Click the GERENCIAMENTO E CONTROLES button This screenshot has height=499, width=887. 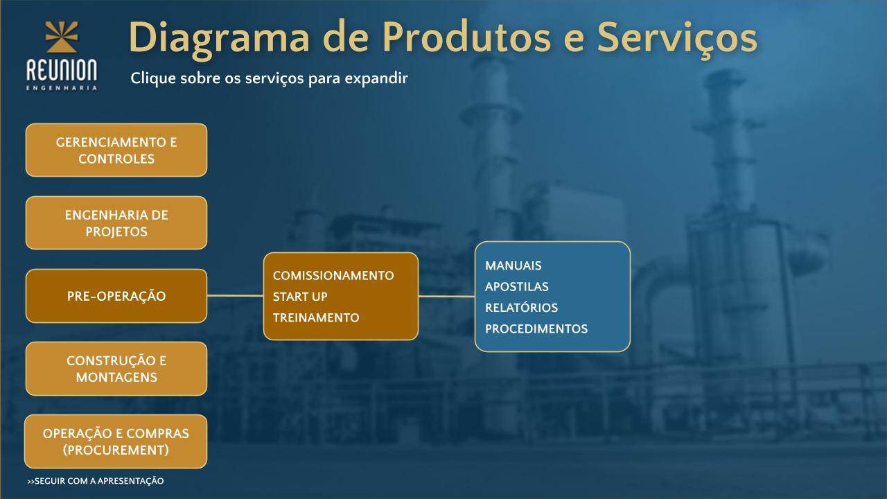click(x=116, y=150)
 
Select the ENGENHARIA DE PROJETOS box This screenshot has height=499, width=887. click(x=116, y=223)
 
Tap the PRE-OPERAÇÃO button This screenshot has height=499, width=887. click(x=116, y=296)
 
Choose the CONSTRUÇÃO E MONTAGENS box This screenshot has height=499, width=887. click(x=116, y=369)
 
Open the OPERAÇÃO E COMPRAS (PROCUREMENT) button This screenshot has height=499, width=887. click(x=116, y=441)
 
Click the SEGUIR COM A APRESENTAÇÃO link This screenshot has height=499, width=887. click(x=96, y=481)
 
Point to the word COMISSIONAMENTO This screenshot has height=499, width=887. click(x=333, y=276)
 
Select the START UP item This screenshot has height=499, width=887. click(x=300, y=297)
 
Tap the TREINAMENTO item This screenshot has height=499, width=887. click(x=316, y=317)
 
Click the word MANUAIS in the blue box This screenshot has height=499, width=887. click(x=513, y=265)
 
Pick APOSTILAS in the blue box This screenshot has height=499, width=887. click(x=517, y=286)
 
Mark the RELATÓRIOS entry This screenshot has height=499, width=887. click(x=522, y=307)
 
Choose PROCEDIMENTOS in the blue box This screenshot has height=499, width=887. click(x=536, y=329)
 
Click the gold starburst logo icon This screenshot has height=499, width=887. click(x=62, y=37)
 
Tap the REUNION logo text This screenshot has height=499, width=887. click(x=62, y=71)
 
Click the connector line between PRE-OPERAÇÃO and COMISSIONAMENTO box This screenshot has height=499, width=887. click(x=235, y=295)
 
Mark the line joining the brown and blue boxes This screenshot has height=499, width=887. click(x=447, y=296)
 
